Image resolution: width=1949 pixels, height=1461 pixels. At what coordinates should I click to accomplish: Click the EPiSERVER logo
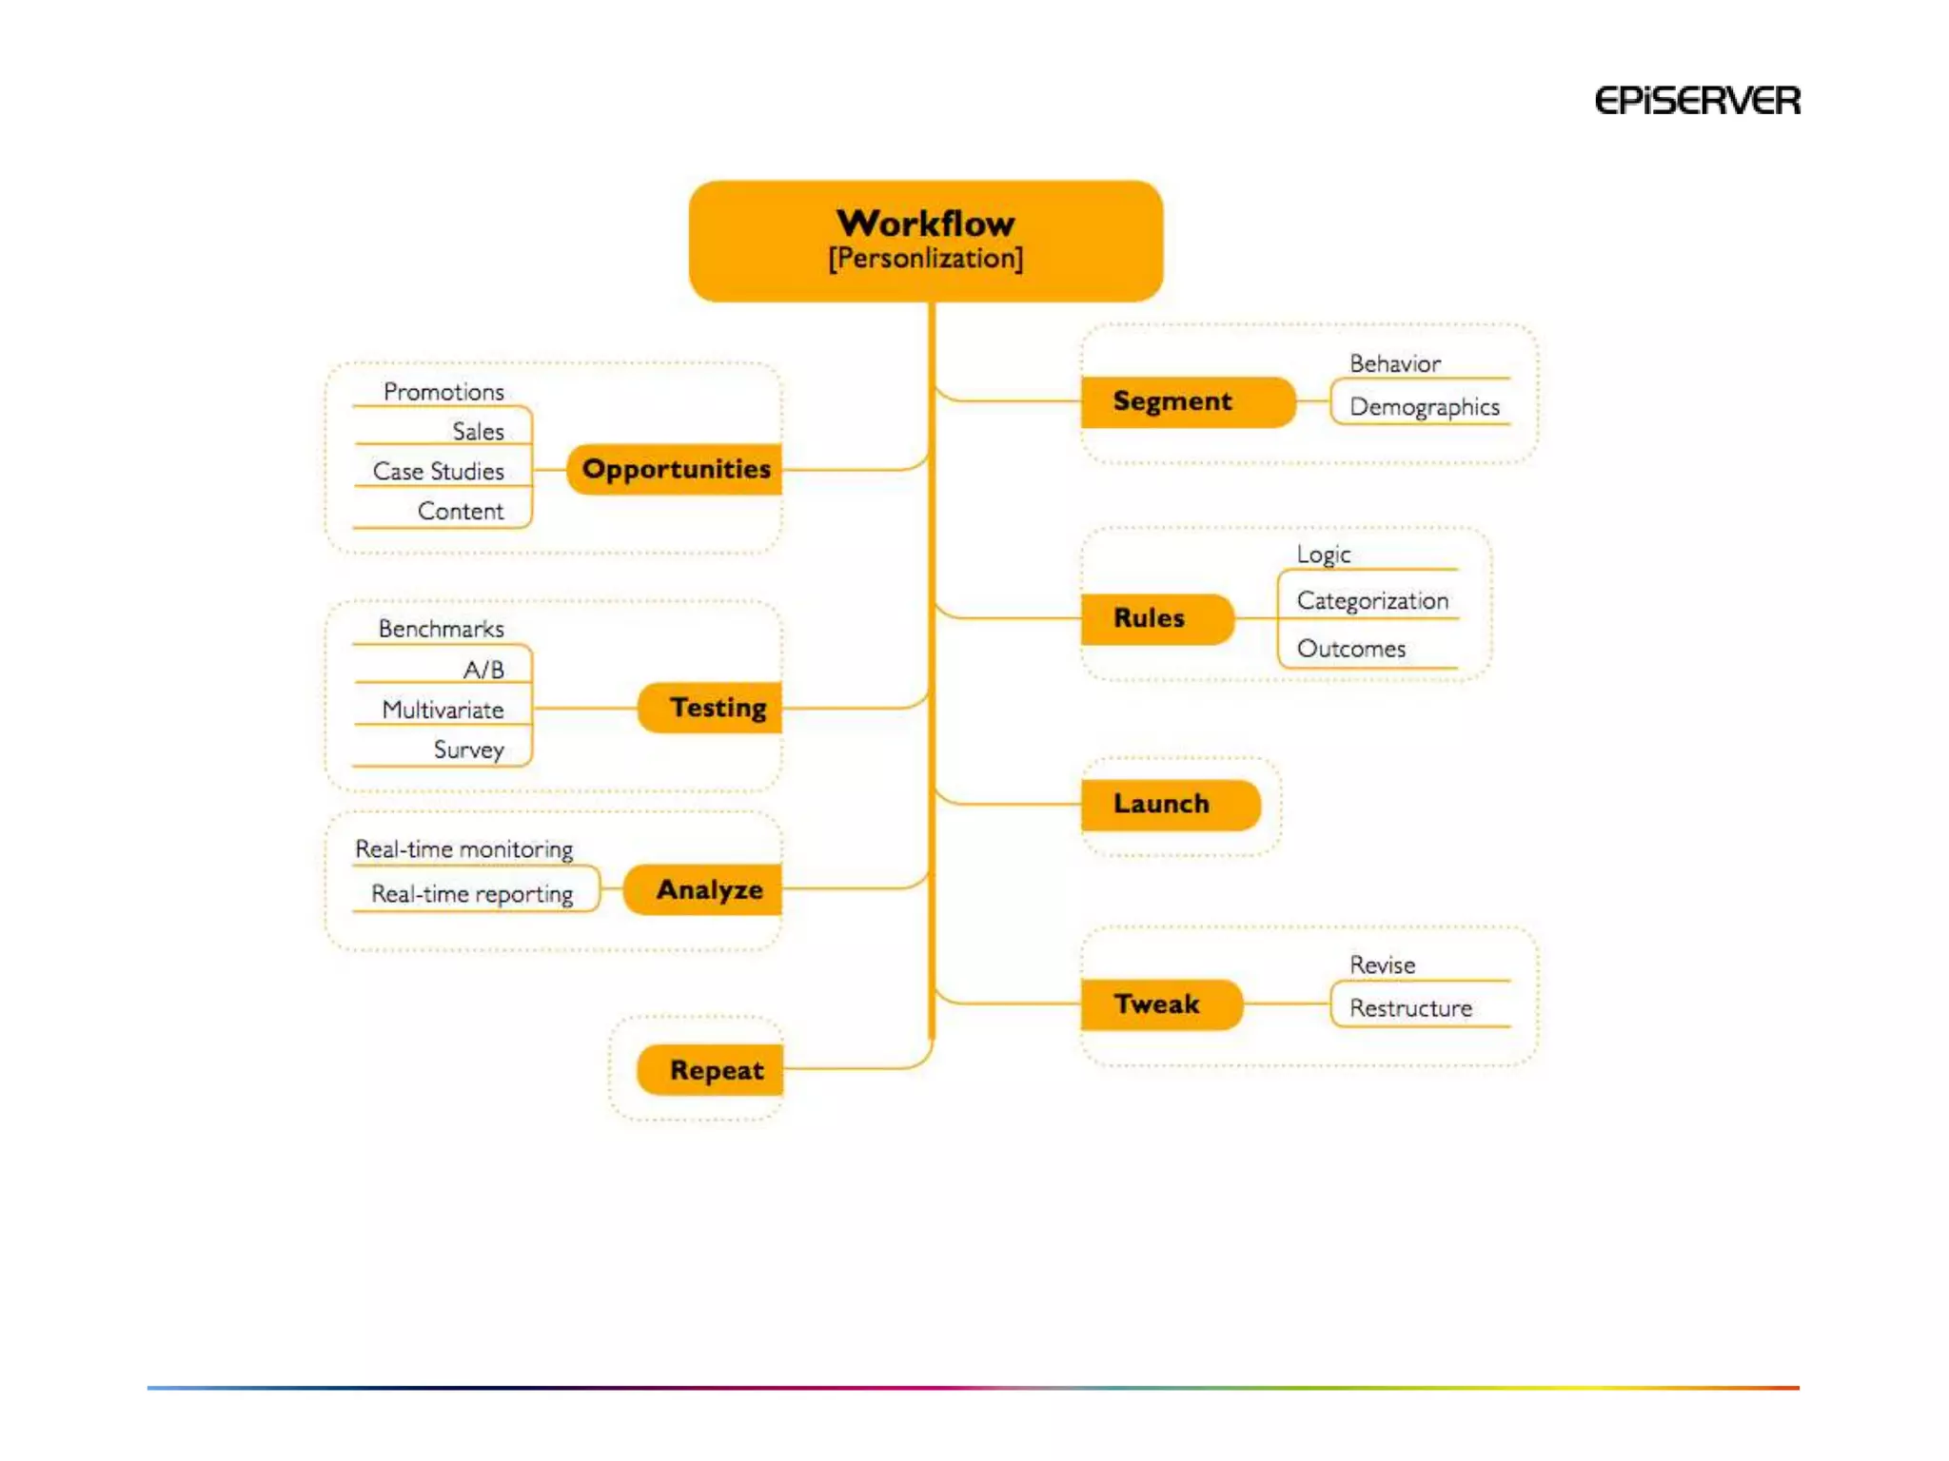click(x=1697, y=101)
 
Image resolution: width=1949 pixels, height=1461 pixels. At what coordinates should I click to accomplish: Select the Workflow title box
click(x=925, y=241)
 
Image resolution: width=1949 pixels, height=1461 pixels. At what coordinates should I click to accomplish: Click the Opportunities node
click(x=675, y=469)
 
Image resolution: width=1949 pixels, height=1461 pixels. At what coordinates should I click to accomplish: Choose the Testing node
click(x=711, y=708)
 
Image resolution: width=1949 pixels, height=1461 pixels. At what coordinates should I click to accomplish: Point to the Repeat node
click(x=711, y=1070)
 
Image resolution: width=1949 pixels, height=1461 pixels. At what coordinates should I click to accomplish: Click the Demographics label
click(x=1424, y=407)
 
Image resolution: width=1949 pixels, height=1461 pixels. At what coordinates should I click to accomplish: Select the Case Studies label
click(x=438, y=471)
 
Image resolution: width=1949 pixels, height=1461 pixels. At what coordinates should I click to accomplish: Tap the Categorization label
click(x=1371, y=600)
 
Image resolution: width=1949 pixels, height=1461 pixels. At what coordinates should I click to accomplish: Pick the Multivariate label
click(x=443, y=710)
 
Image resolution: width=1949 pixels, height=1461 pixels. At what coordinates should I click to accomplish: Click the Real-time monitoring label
click(x=463, y=848)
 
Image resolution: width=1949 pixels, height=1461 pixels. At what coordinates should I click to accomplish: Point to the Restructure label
click(x=1410, y=1008)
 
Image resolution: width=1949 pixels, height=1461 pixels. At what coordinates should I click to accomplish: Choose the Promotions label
click(x=443, y=392)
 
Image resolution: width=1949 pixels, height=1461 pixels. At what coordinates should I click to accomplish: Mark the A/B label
click(x=483, y=670)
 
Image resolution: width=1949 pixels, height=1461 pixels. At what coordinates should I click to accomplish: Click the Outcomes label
click(x=1350, y=649)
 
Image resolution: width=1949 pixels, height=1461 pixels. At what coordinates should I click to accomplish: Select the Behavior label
click(x=1394, y=363)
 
